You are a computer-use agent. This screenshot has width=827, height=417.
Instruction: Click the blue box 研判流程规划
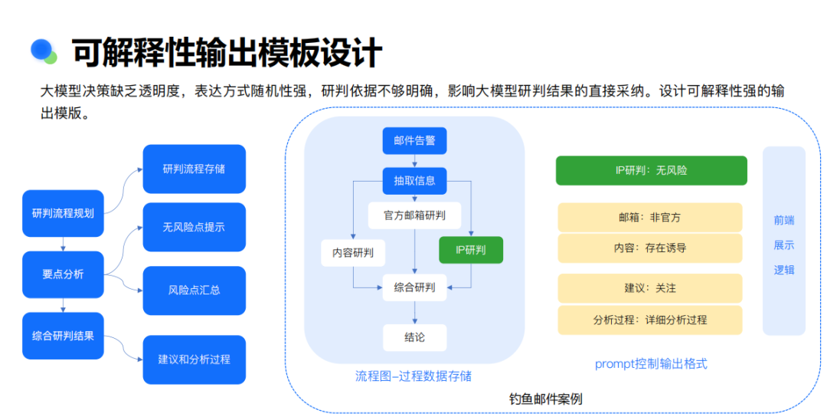[63, 213]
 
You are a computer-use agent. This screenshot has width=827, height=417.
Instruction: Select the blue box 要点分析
[63, 274]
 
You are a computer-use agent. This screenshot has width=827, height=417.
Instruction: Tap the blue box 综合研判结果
[63, 336]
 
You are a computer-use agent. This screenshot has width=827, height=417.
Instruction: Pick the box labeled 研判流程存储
[194, 169]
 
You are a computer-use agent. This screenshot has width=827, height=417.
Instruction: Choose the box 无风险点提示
[194, 227]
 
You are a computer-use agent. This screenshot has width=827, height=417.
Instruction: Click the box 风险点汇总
[194, 291]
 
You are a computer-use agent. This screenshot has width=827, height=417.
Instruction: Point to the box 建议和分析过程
[194, 360]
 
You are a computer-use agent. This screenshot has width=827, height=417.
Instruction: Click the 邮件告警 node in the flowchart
[414, 141]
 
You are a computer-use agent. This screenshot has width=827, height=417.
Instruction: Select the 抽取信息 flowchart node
[414, 181]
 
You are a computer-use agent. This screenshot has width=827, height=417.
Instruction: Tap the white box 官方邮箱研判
[414, 215]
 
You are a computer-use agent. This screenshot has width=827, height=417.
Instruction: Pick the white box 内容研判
[353, 253]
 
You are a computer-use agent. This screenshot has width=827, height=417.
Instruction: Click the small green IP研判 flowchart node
[471, 250]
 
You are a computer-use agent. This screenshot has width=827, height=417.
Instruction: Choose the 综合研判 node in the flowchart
[414, 287]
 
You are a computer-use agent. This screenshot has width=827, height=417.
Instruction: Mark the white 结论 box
[414, 338]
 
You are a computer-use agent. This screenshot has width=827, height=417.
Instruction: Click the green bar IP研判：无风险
[652, 170]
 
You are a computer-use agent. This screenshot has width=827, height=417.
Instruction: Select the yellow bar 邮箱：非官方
[650, 218]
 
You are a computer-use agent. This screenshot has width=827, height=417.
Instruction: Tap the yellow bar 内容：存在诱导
[650, 248]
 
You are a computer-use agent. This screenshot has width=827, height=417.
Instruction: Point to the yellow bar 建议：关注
[650, 288]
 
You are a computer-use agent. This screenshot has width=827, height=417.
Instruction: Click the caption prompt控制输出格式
[651, 363]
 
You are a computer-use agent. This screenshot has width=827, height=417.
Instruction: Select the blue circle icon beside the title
[41, 49]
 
